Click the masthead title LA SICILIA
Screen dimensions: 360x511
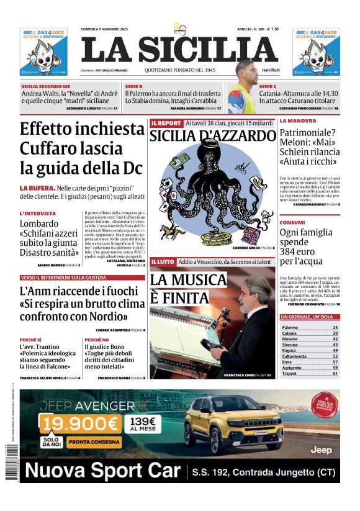coord(179,50)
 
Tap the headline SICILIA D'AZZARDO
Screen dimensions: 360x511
coord(212,137)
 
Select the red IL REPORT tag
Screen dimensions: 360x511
coord(165,124)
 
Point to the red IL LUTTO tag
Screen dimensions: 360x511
coord(163,262)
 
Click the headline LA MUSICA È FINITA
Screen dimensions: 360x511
coord(188,289)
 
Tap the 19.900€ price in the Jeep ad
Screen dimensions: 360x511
coord(79,424)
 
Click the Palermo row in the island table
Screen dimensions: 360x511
coord(309,327)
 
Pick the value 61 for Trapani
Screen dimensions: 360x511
coord(335,374)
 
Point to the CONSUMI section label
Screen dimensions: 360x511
coord(292,222)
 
